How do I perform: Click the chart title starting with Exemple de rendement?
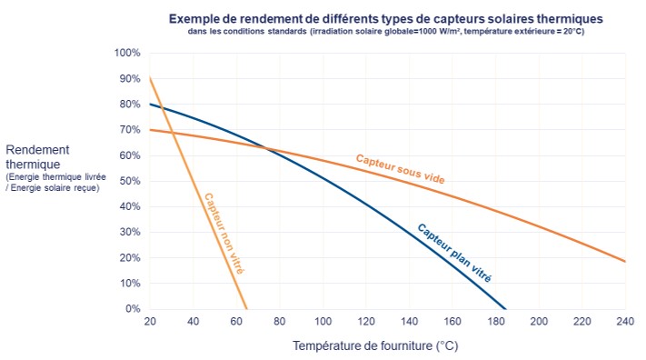pyautogui.click(x=386, y=18)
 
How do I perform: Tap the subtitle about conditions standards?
pyautogui.click(x=386, y=32)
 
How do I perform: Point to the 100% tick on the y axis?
pyautogui.click(x=127, y=53)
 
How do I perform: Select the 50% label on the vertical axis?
pyautogui.click(x=129, y=181)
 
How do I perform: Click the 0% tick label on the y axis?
pyautogui.click(x=133, y=309)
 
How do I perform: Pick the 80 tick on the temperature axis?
pyautogui.click(x=279, y=322)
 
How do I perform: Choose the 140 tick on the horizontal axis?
pyautogui.click(x=409, y=322)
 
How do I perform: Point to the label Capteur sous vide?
pyautogui.click(x=401, y=169)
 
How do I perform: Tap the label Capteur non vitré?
pyautogui.click(x=224, y=233)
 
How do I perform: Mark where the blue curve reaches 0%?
pyautogui.click(x=506, y=308)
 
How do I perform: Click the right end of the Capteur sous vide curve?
pyautogui.click(x=625, y=262)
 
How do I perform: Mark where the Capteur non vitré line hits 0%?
pyautogui.click(x=245, y=308)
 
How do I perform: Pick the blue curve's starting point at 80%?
pyautogui.click(x=149, y=105)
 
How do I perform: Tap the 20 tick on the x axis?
pyautogui.click(x=149, y=322)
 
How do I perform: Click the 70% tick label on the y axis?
pyautogui.click(x=129, y=130)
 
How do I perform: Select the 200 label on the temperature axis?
pyautogui.click(x=539, y=322)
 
